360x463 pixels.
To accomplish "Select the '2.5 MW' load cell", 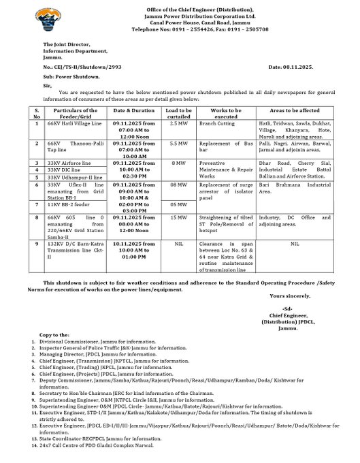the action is pyautogui.click(x=178, y=124).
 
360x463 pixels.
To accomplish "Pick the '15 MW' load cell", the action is pyautogui.click(x=178, y=217).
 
